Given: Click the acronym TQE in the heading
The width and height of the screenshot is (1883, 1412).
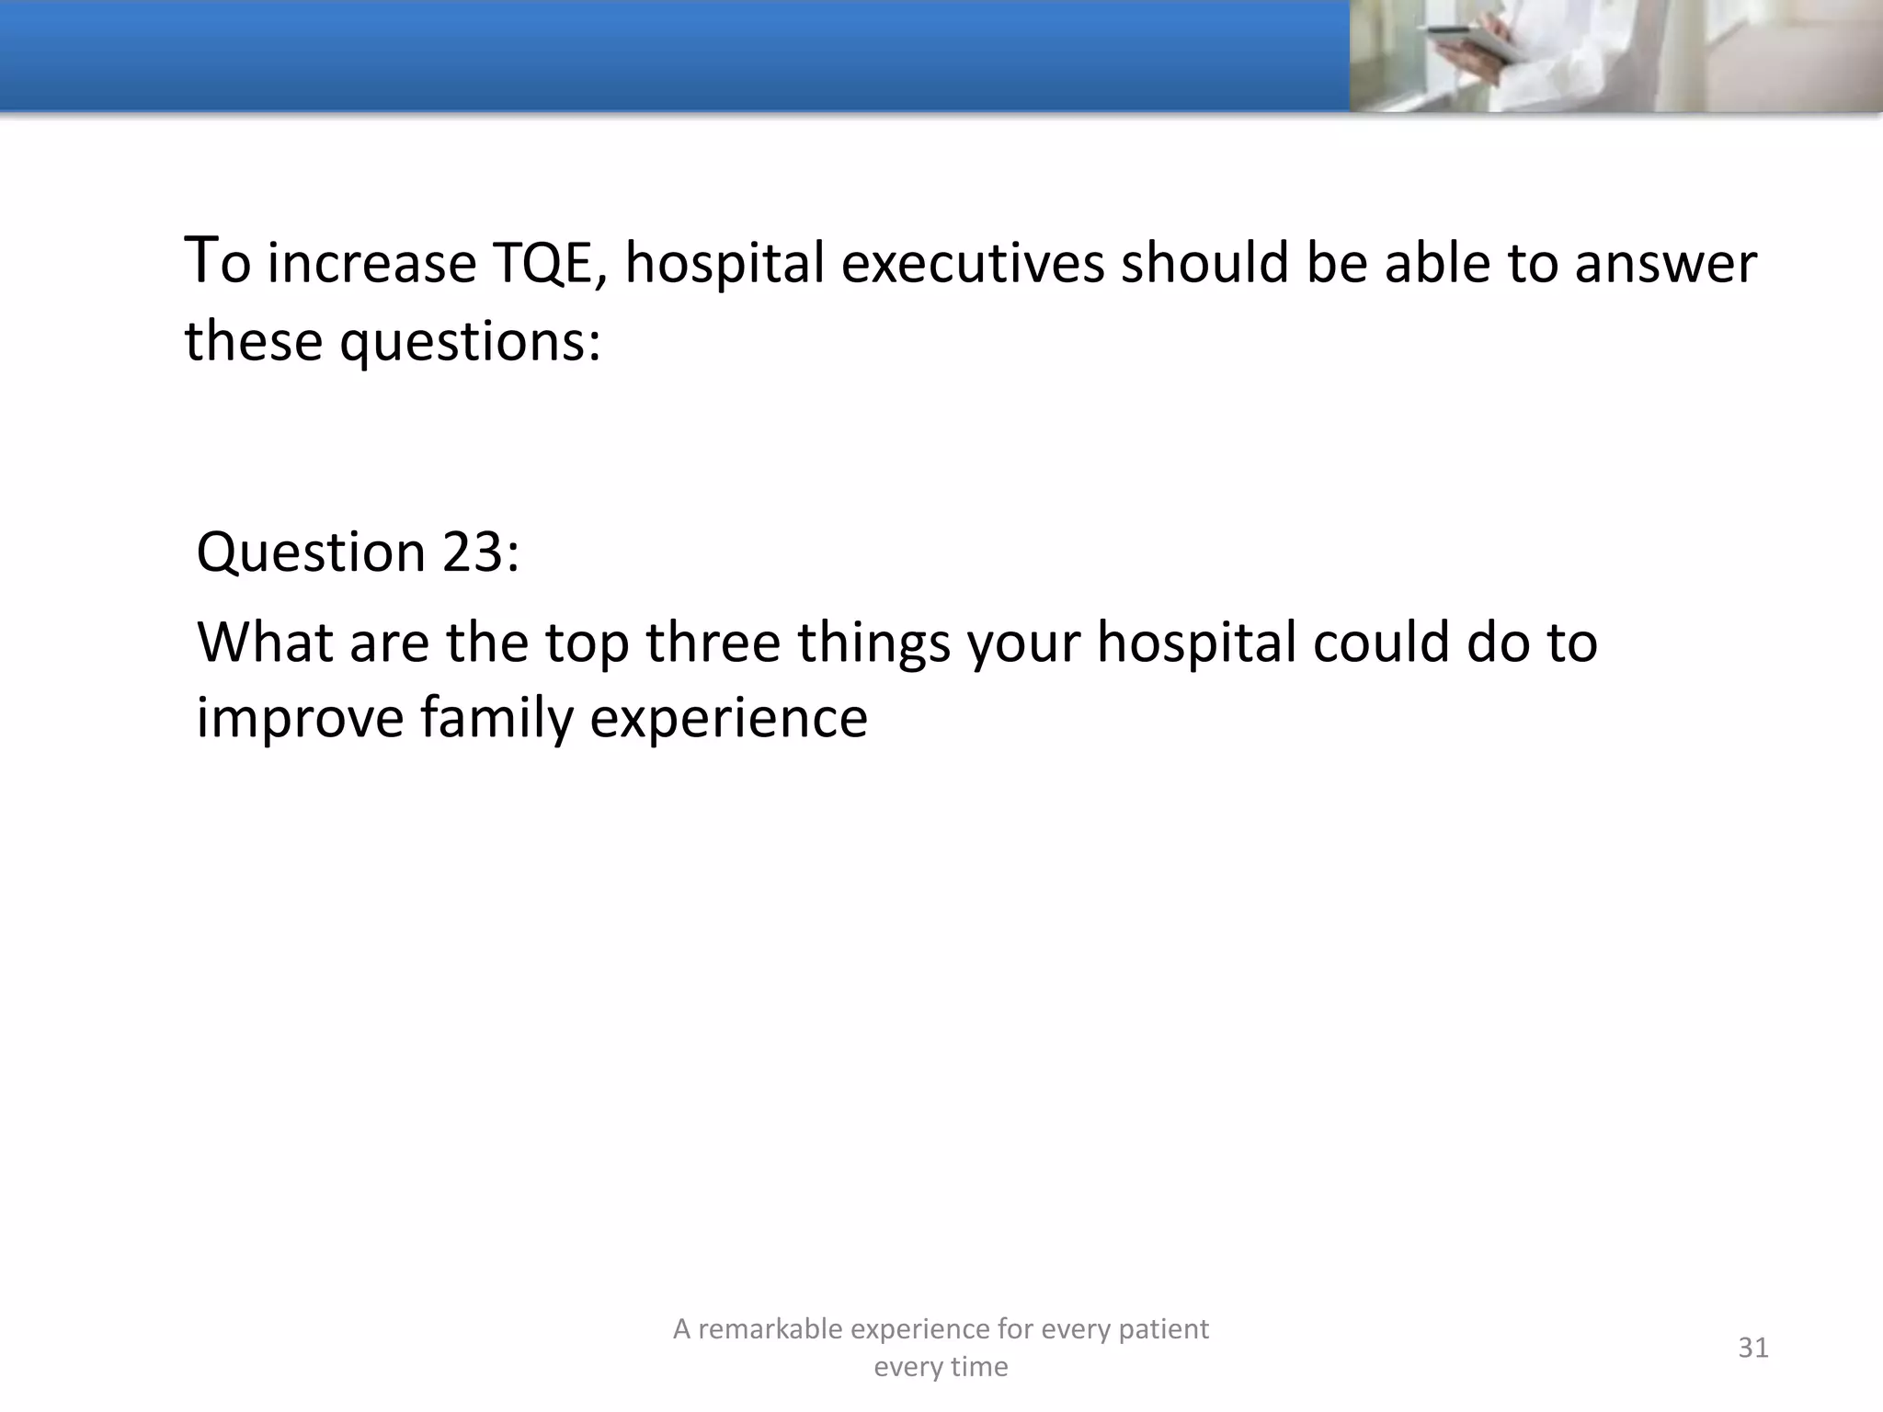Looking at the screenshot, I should tap(550, 263).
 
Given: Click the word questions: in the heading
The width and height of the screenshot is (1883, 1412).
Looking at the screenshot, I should tap(470, 343).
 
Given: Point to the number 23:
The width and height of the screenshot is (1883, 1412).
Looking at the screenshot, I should tap(481, 552).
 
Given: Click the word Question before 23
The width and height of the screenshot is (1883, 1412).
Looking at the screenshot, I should tap(312, 552).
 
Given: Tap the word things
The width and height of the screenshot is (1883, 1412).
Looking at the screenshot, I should tap(873, 643).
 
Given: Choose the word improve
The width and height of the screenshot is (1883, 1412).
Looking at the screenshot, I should tap(300, 718).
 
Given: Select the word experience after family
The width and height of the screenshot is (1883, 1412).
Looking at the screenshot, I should tap(728, 720).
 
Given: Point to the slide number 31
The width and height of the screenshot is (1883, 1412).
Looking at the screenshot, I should tap(1752, 1348).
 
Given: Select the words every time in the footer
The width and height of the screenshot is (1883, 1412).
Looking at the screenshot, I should tap(941, 1367).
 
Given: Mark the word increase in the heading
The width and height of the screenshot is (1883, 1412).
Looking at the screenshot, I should tap(371, 263).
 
